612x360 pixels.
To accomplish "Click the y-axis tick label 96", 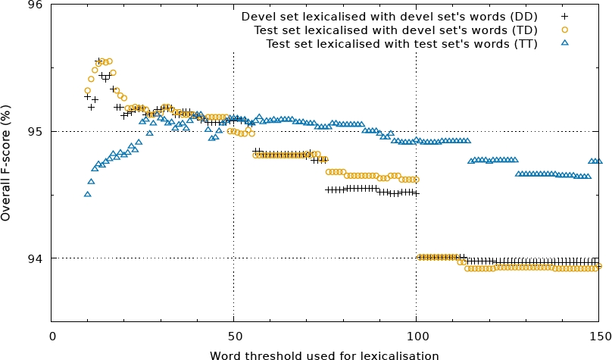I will coord(37,5).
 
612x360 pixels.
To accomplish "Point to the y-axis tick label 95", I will coord(37,132).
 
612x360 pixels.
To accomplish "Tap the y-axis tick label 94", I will coord(37,258).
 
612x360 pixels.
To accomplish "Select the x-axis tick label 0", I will coord(52,336).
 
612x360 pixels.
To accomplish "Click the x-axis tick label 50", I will coord(233,336).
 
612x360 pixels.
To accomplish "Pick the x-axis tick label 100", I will coord(416,336).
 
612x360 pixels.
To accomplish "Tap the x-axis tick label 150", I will coord(598,336).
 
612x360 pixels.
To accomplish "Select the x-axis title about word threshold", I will coord(324,354).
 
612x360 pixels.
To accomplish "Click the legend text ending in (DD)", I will coord(389,16).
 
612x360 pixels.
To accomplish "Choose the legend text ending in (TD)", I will coord(394,30).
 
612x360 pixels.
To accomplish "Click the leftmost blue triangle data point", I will coord(88,194).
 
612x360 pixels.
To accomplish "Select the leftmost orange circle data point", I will coord(88,90).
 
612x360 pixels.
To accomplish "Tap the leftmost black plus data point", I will coord(88,96).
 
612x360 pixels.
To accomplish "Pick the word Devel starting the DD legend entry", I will coord(258,16).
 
